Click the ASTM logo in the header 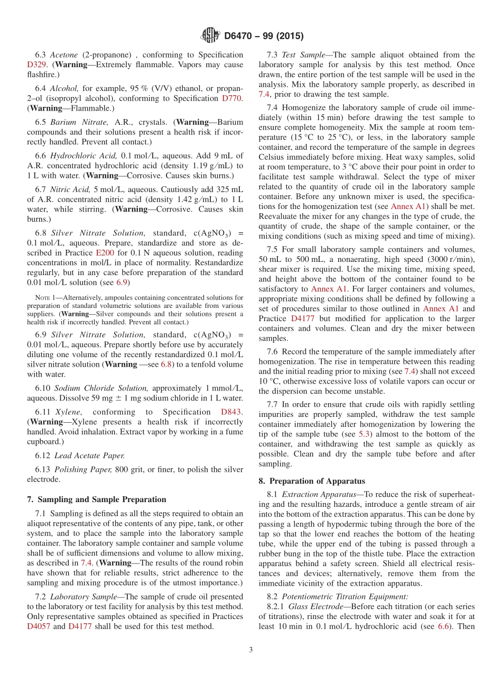coord(210,36)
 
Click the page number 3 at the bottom coord(251,650)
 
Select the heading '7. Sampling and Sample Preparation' coord(96,499)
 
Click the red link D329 coord(36,65)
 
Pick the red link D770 coord(232,98)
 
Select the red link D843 coord(232,412)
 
